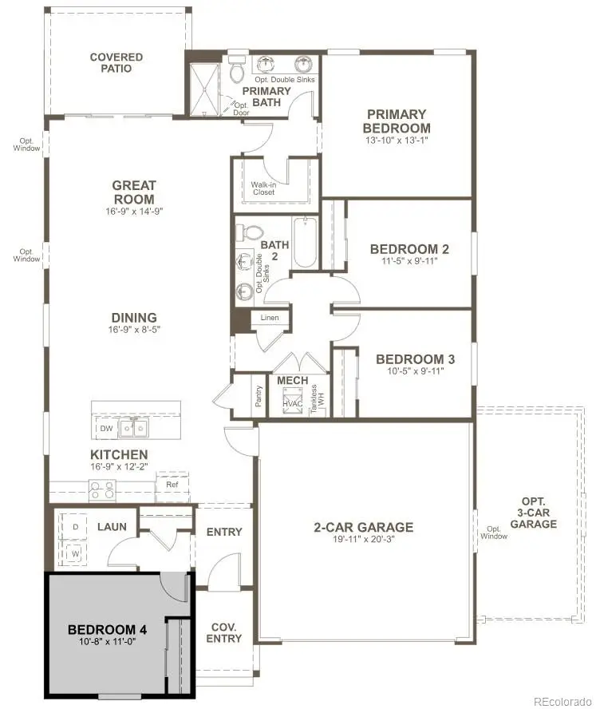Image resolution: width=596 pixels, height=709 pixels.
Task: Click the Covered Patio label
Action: point(116,63)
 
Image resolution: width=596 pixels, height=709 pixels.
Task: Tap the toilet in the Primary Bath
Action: point(236,70)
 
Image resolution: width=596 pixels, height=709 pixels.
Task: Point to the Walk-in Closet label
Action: point(263,188)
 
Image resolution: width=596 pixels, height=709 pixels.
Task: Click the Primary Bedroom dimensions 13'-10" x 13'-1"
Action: point(396,141)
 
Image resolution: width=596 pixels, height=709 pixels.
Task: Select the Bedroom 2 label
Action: point(404,249)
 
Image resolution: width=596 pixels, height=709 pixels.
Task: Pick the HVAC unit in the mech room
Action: point(293,402)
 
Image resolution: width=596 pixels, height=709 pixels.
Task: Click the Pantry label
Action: point(259,397)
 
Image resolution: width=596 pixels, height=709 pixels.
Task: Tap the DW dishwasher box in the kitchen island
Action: point(106,429)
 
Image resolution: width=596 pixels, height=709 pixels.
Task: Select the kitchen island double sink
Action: point(133,430)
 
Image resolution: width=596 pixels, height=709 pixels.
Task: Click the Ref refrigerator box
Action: point(172,485)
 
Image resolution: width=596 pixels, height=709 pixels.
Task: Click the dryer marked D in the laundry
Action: point(76,529)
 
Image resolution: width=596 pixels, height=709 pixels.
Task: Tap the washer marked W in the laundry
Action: point(76,553)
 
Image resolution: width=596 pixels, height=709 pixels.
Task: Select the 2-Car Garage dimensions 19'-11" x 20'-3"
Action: point(363,540)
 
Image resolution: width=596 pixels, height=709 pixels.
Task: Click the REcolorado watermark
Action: point(563,701)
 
